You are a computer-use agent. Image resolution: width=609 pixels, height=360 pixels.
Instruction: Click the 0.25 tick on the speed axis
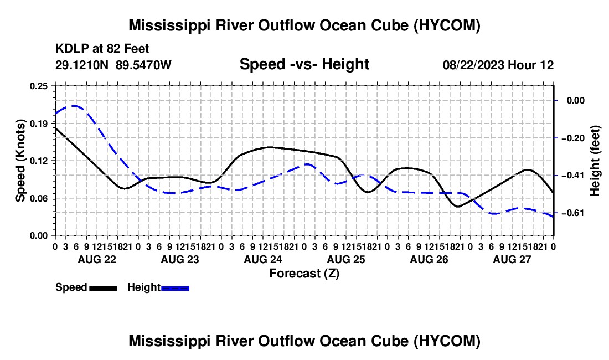click(x=39, y=86)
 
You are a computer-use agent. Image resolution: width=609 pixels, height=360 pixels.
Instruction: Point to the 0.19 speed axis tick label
click(x=39, y=124)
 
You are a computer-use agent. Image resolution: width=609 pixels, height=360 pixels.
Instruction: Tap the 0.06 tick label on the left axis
click(x=39, y=198)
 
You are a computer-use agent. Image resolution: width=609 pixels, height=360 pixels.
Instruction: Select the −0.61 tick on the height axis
click(x=576, y=213)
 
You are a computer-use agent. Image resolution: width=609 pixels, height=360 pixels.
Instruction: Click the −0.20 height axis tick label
click(x=576, y=138)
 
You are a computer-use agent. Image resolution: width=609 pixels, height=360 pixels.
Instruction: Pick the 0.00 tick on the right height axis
click(x=576, y=101)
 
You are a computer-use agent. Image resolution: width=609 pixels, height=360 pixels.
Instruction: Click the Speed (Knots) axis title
click(x=20, y=161)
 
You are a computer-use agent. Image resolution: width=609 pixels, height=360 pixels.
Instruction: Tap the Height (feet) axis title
click(x=595, y=161)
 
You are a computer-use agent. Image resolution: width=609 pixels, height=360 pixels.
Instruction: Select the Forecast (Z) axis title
click(x=304, y=274)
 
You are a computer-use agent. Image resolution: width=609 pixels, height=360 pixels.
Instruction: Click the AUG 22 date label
click(x=97, y=259)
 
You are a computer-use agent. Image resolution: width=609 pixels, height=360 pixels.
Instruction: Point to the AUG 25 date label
click(x=346, y=259)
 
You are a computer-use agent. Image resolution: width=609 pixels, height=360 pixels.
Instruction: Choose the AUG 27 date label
click(x=512, y=259)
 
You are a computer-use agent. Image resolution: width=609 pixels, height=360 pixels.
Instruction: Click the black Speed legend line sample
click(x=104, y=288)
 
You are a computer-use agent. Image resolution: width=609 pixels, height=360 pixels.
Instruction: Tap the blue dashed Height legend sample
click(x=175, y=288)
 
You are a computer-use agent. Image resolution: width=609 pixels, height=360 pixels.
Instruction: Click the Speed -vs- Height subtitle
click(x=304, y=64)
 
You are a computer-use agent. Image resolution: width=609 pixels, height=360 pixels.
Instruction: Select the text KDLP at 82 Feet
click(x=102, y=49)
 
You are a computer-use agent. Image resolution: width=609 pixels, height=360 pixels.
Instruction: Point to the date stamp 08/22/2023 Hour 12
click(x=498, y=65)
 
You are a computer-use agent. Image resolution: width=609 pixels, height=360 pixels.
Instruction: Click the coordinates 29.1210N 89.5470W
click(x=113, y=65)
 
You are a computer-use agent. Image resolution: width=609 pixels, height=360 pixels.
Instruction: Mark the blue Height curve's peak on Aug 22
click(x=73, y=106)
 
